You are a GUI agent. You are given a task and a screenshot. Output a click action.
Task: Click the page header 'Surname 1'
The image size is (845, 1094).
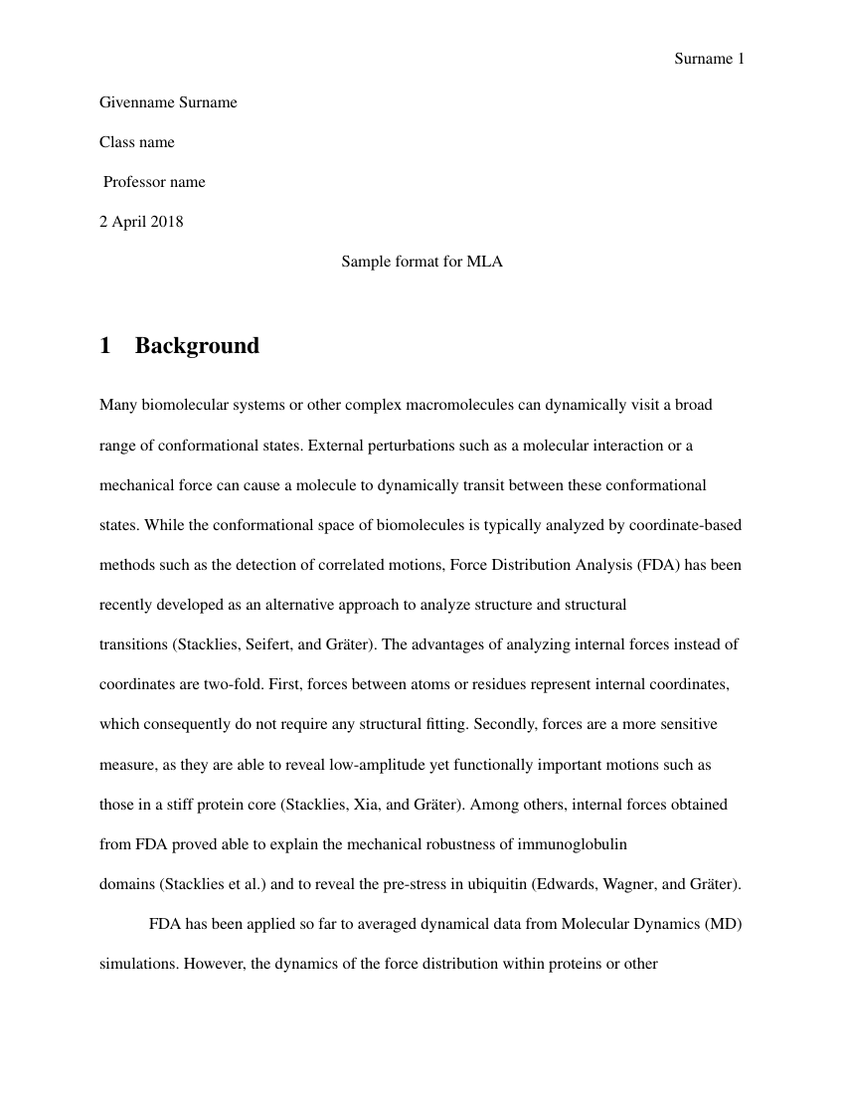[x=709, y=59]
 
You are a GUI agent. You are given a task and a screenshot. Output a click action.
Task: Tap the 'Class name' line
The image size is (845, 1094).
[x=137, y=142]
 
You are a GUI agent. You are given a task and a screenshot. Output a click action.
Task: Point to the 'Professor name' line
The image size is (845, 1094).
[x=155, y=182]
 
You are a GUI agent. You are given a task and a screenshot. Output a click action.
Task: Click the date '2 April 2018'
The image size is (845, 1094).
[x=141, y=222]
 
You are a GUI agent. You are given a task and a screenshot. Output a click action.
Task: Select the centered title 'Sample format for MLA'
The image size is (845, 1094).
[x=422, y=262]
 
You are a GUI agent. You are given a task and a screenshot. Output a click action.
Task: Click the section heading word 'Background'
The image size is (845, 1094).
[x=197, y=345]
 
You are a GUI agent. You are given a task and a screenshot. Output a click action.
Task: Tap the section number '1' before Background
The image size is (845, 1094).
[x=105, y=345]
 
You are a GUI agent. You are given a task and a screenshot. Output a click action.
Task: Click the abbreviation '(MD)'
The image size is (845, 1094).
[x=723, y=924]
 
